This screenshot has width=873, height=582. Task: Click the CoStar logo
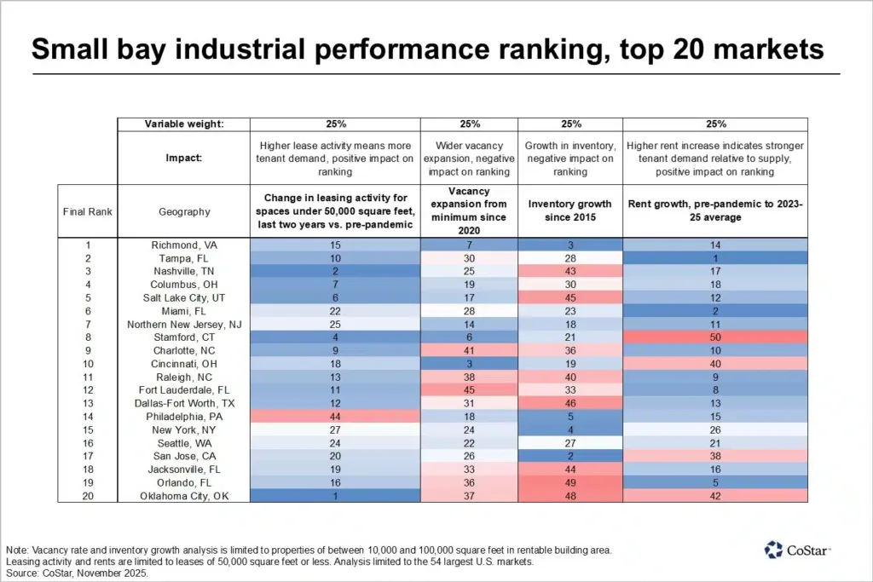(x=797, y=550)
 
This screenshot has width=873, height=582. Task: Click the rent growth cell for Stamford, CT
(x=716, y=337)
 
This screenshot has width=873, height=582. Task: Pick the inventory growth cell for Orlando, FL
(x=570, y=482)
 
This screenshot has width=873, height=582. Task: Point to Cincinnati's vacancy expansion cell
(x=470, y=364)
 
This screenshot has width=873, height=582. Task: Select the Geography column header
(x=186, y=211)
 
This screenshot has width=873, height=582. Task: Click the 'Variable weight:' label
(x=186, y=124)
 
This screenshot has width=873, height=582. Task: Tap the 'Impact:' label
(x=186, y=158)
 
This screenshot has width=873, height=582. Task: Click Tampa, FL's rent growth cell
(x=716, y=258)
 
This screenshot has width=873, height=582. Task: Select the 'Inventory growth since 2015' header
(x=570, y=210)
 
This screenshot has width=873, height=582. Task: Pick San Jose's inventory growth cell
(x=570, y=456)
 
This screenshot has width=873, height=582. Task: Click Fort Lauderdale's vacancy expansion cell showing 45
(x=470, y=390)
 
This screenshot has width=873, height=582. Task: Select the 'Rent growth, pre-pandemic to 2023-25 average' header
(x=716, y=210)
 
